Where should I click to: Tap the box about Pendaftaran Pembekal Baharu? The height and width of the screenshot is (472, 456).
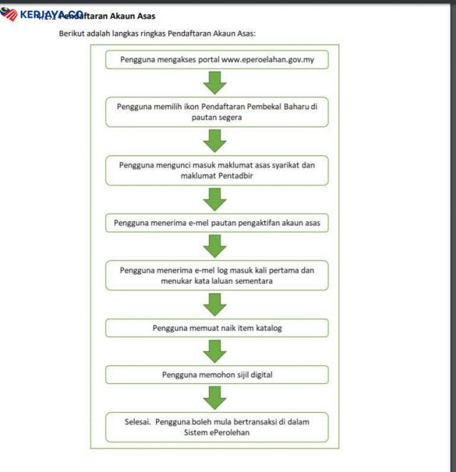pyautogui.click(x=217, y=112)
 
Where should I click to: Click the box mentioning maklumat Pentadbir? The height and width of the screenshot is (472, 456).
pyautogui.click(x=217, y=170)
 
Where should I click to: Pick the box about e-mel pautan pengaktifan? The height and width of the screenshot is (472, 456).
pyautogui.click(x=217, y=223)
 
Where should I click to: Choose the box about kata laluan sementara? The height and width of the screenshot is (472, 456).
pyautogui.click(x=217, y=276)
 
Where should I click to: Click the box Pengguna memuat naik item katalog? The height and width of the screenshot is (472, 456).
pyautogui.click(x=217, y=328)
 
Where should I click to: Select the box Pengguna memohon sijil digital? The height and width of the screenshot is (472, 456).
pyautogui.click(x=217, y=374)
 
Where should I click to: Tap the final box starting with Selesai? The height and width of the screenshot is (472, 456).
pyautogui.click(x=217, y=426)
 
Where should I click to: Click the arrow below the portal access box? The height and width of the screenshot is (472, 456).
pyautogui.click(x=214, y=83)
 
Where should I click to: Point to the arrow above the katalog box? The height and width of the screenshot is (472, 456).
pyautogui.click(x=214, y=304)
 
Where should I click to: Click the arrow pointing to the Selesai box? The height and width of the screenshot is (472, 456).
pyautogui.click(x=214, y=397)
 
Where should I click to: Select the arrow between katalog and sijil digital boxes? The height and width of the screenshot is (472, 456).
pyautogui.click(x=214, y=350)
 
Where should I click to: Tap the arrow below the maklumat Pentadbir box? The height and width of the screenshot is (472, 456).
pyautogui.click(x=214, y=199)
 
